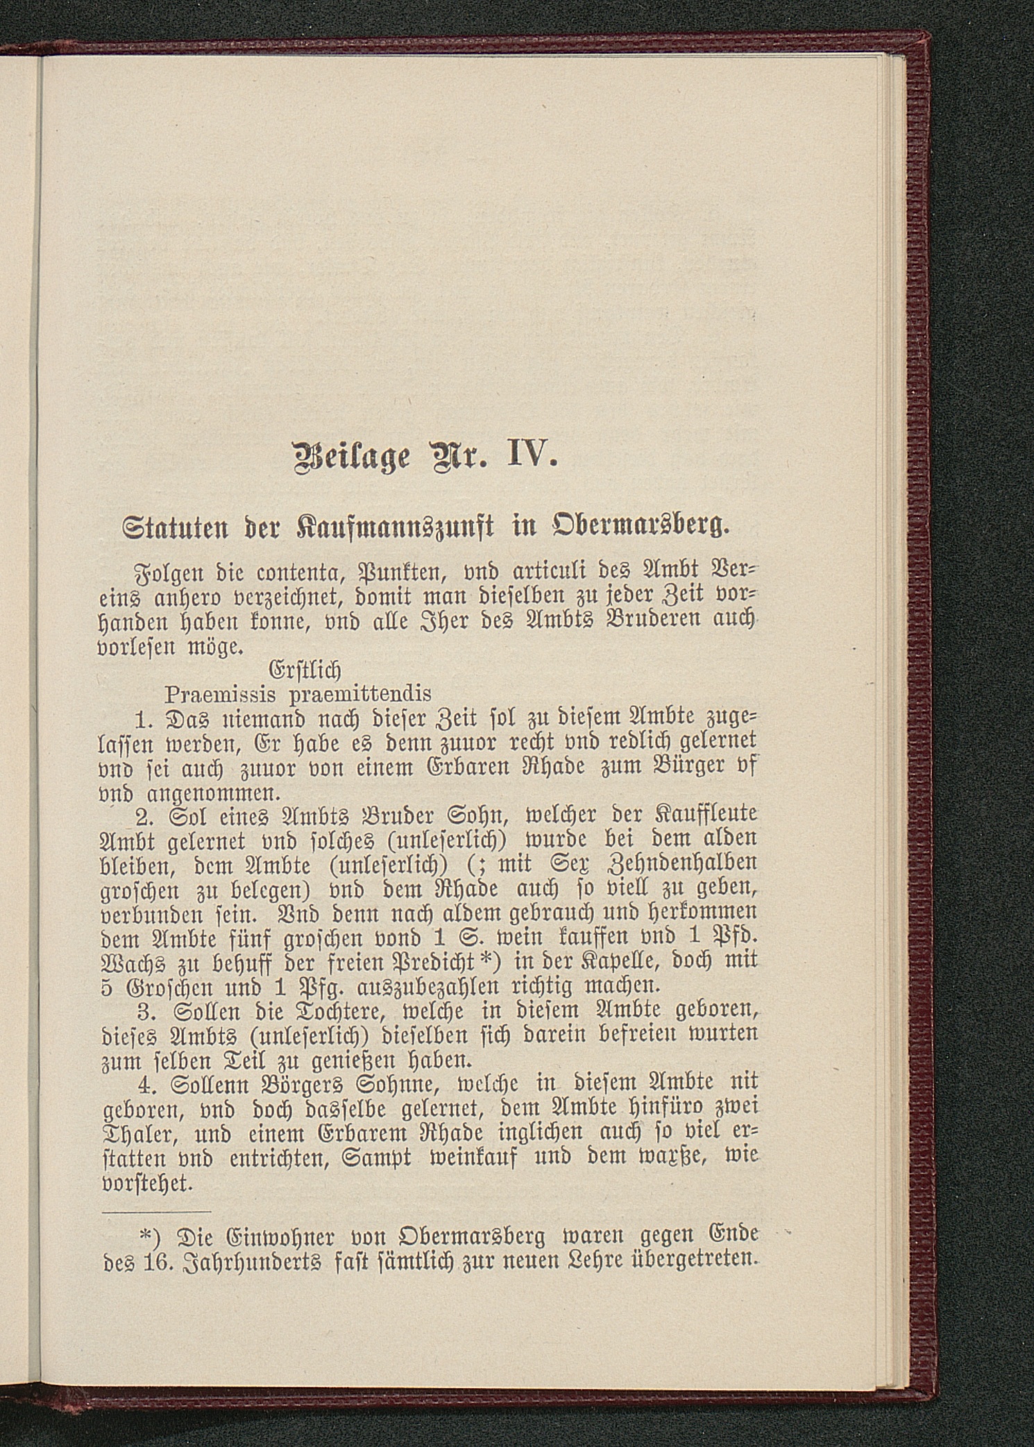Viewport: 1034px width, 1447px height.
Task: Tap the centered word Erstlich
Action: (305, 670)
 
